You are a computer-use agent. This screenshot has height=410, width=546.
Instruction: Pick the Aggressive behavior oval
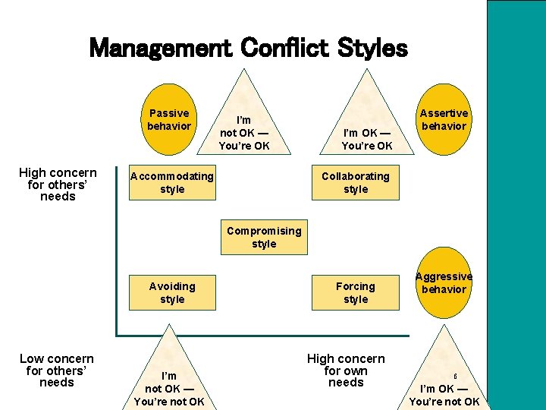click(444, 282)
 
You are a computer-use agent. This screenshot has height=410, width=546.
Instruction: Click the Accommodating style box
click(172, 183)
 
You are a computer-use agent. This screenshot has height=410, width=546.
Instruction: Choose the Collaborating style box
click(355, 183)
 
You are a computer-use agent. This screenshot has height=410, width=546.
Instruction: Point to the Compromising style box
click(264, 237)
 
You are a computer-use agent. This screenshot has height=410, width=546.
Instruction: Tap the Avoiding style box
click(172, 292)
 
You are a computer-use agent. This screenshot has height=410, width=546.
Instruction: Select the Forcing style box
click(355, 292)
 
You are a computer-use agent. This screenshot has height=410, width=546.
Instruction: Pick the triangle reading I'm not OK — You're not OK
click(169, 380)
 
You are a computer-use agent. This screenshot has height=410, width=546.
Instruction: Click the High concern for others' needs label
click(58, 184)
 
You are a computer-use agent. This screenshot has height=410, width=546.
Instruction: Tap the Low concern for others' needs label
click(57, 371)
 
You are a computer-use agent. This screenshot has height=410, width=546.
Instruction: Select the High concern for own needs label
click(346, 371)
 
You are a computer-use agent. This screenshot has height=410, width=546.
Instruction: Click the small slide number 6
click(456, 376)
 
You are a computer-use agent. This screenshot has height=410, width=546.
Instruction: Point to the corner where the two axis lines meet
click(117, 334)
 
